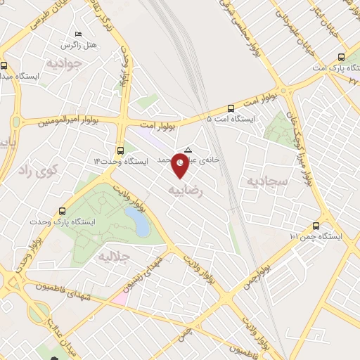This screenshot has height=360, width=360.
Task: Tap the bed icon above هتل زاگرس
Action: (x=78, y=34)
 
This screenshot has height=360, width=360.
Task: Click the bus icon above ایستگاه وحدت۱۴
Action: (x=121, y=150)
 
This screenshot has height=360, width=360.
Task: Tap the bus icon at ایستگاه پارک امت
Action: (x=340, y=57)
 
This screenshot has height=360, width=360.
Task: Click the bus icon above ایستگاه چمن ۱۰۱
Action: (x=315, y=226)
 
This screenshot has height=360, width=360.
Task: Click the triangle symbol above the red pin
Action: (x=188, y=149)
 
